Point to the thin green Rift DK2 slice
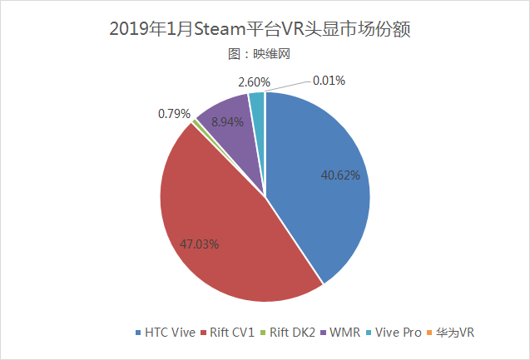pos(196,122)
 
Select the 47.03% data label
pos(201,244)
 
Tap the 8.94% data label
pos(228,121)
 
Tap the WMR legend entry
pos(344,333)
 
